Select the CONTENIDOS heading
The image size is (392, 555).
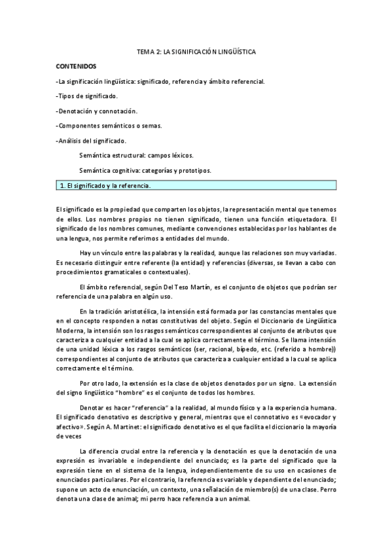(75, 67)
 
